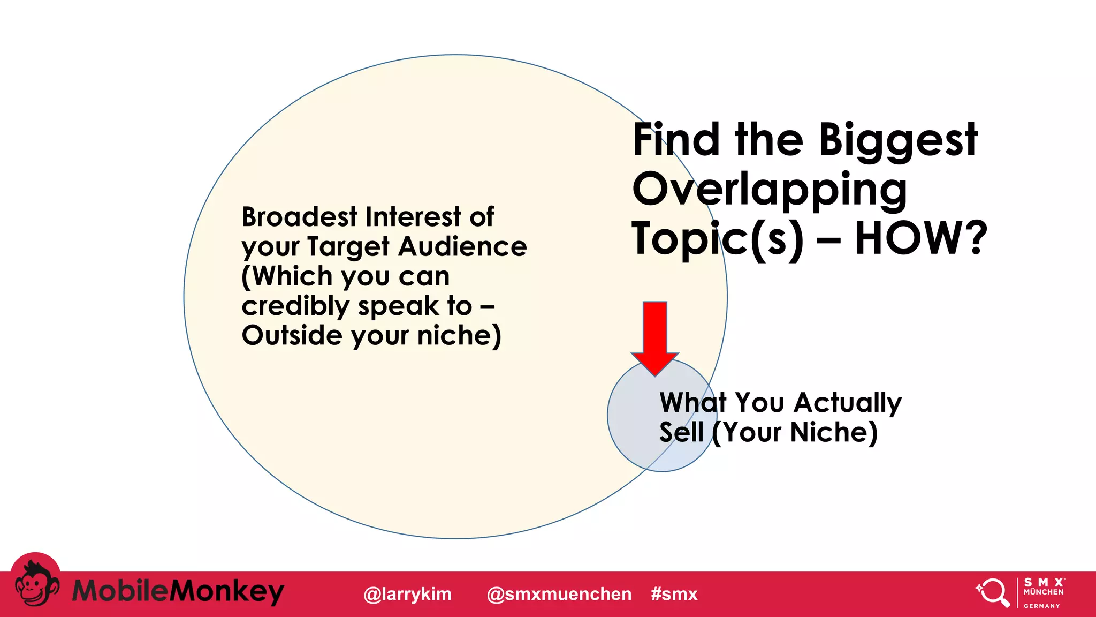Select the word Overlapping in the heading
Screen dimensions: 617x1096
tap(770, 190)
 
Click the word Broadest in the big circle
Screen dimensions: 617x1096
tap(299, 217)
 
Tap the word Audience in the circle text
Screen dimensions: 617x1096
tap(462, 246)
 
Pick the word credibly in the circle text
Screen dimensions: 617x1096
tap(295, 306)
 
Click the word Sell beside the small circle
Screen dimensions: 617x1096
tap(681, 432)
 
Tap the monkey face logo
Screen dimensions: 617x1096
tap(35, 584)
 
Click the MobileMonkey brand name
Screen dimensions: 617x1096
tap(178, 592)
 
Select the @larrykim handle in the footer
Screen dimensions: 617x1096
tap(407, 594)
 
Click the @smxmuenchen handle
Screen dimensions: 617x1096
tap(559, 594)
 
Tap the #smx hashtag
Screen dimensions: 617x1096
tap(674, 594)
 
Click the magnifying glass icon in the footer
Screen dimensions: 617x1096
tap(993, 592)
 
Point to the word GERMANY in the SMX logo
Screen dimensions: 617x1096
tap(1041, 606)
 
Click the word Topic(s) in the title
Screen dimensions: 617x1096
tap(717, 239)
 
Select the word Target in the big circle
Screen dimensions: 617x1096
tap(348, 246)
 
